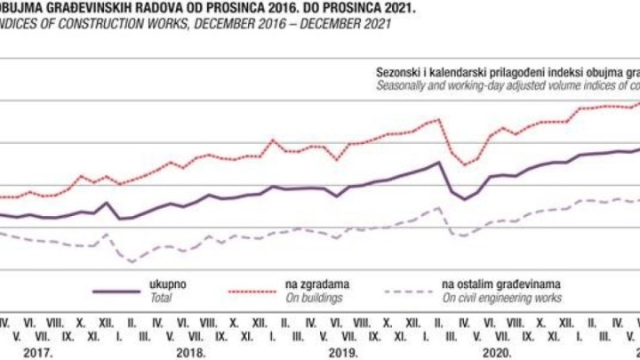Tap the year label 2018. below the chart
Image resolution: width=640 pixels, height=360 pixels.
(x=191, y=352)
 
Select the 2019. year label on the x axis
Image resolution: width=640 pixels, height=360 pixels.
(x=343, y=352)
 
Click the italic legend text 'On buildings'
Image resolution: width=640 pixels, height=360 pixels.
(x=313, y=298)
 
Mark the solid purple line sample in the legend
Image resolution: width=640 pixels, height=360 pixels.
(x=118, y=291)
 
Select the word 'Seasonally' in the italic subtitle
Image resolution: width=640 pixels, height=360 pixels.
(x=404, y=85)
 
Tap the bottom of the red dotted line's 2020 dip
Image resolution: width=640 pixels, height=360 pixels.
(x=466, y=164)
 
